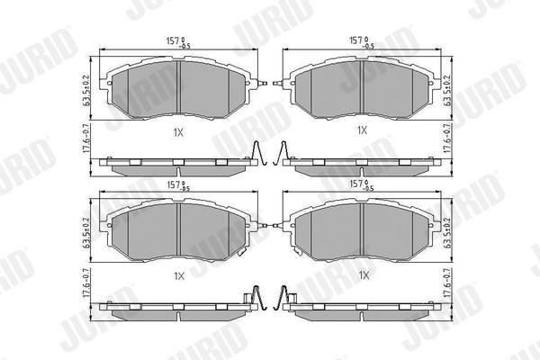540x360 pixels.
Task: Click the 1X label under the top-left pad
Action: [179, 130]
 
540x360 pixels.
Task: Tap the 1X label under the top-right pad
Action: [363, 130]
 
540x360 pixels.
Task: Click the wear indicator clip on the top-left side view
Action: [256, 155]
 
